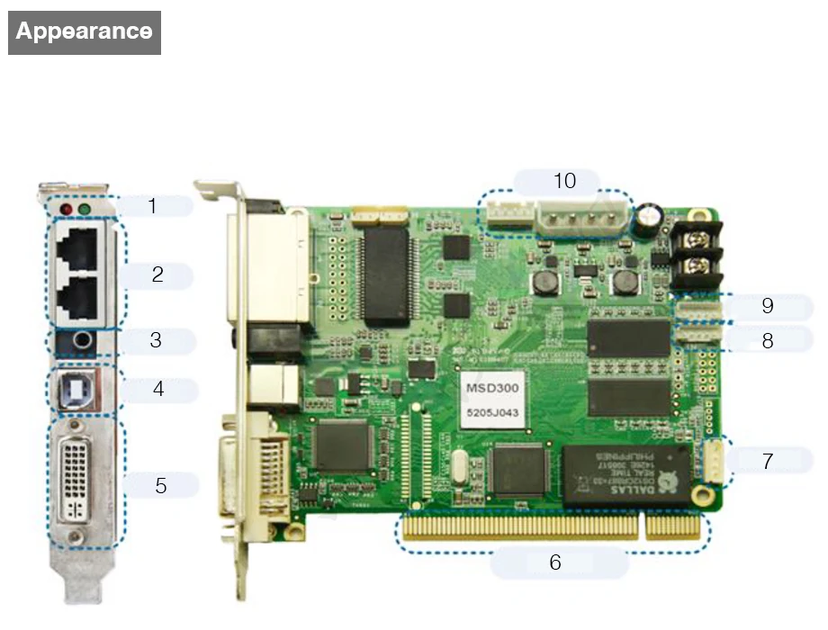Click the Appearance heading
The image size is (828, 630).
click(x=84, y=32)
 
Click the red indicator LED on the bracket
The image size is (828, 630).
click(x=65, y=209)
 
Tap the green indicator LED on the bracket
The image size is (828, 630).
click(x=85, y=210)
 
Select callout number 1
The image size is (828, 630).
click(x=152, y=205)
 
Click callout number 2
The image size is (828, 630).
click(x=157, y=275)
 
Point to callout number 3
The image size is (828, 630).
click(x=156, y=341)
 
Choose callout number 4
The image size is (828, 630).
click(x=158, y=390)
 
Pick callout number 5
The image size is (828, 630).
click(x=160, y=485)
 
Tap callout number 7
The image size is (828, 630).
click(x=768, y=461)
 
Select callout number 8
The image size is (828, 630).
click(x=768, y=341)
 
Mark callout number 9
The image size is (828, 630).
click(x=768, y=305)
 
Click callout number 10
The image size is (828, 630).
click(x=564, y=181)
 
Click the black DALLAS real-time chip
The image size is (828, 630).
click(x=627, y=473)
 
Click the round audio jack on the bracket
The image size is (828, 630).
click(x=83, y=341)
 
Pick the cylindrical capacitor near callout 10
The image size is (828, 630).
click(x=650, y=217)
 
